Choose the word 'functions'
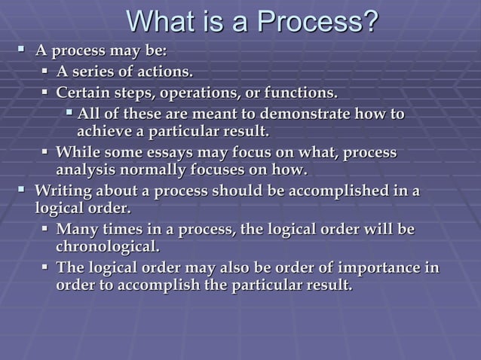click(x=299, y=93)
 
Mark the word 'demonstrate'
click(x=304, y=114)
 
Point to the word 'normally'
click(x=152, y=169)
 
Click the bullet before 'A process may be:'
click(x=22, y=51)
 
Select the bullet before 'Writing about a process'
click(x=22, y=188)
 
